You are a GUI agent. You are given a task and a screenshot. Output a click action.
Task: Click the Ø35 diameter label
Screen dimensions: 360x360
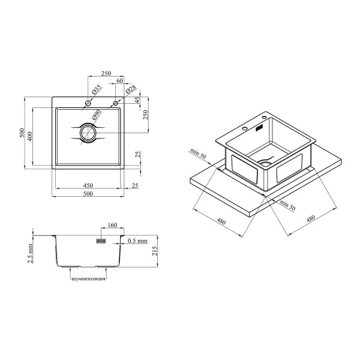97,89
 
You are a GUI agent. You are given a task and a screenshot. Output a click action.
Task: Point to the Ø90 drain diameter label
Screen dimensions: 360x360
97,115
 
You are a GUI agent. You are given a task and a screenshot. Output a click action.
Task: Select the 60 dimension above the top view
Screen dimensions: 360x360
119,80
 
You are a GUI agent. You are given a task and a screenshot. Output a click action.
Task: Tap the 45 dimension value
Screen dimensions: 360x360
137,100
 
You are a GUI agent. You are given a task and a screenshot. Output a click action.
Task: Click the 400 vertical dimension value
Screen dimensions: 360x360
30,136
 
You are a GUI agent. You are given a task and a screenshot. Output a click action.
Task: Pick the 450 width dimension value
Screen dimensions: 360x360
88,185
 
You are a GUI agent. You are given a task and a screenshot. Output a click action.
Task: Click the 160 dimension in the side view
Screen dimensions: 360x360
112,225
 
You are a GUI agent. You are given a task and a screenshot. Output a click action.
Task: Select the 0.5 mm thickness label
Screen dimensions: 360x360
137,241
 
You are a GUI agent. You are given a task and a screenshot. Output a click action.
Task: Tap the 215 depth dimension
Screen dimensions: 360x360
155,251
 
